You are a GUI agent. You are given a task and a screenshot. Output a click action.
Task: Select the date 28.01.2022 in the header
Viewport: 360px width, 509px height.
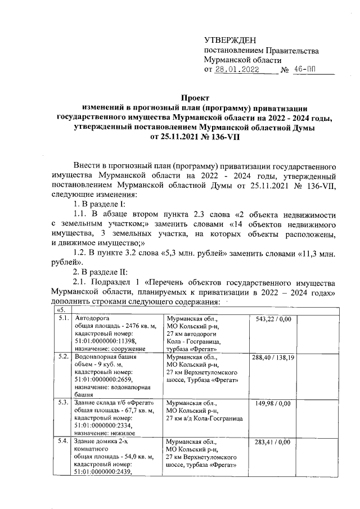tap(240, 71)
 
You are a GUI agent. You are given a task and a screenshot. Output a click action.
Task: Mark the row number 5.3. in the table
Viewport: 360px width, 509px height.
tap(62, 403)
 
